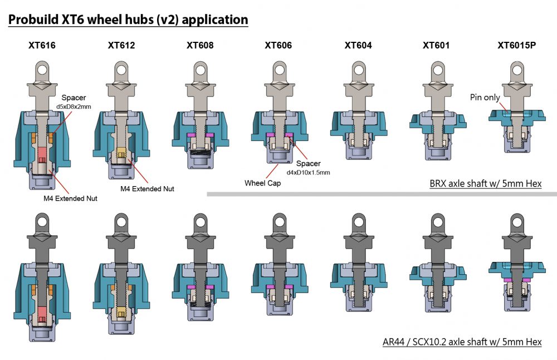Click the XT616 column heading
point(42,45)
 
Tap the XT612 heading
point(121,45)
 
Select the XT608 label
point(200,45)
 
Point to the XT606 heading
point(278,45)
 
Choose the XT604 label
point(358,45)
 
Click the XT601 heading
point(436,45)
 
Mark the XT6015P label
point(516,45)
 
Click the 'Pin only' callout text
point(485,97)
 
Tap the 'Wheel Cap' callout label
point(262,183)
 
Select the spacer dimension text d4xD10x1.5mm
point(309,173)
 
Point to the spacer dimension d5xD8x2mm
point(74,106)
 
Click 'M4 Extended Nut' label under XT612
point(147,189)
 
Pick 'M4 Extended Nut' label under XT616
point(70,198)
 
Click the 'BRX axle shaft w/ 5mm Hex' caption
point(486,183)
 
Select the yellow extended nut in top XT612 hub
point(121,154)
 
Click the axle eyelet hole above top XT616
point(42,69)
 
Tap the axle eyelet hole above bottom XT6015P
point(517,223)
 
